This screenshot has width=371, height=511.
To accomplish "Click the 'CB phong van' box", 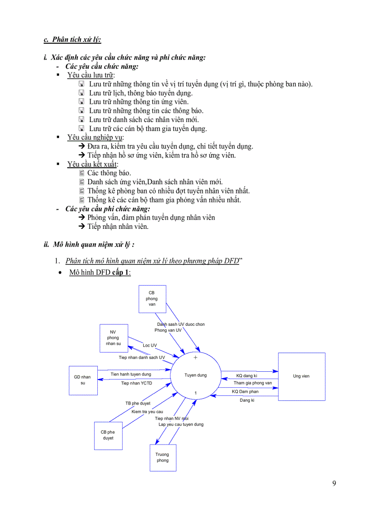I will (152, 299).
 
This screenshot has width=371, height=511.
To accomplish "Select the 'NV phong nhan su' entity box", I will (114, 338).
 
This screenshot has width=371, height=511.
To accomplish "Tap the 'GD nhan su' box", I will (82, 380).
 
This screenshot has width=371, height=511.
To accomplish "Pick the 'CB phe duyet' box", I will (108, 435).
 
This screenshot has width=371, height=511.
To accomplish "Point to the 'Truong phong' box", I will (162, 457).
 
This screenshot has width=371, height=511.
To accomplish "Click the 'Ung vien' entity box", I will (301, 376).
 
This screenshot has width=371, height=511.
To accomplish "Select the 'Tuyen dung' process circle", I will (196, 375).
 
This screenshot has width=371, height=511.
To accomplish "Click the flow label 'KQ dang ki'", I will (246, 376).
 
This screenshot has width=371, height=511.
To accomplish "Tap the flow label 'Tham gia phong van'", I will (252, 383).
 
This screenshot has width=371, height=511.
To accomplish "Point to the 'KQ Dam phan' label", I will (245, 391).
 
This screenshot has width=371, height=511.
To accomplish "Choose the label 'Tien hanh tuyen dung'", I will (131, 374).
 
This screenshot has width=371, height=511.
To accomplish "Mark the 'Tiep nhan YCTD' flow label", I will (136, 383).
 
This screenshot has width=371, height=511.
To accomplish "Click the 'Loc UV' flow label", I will (150, 345).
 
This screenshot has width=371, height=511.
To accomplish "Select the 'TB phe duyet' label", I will (138, 403).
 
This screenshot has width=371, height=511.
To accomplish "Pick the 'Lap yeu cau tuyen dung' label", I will (181, 424).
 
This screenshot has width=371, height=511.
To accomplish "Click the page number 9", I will (334, 483).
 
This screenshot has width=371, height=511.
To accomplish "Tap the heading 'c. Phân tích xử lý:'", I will (72, 39).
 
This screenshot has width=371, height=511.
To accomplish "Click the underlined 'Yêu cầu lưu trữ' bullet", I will (91, 75).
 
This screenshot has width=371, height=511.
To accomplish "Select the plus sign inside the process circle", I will (196, 358).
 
